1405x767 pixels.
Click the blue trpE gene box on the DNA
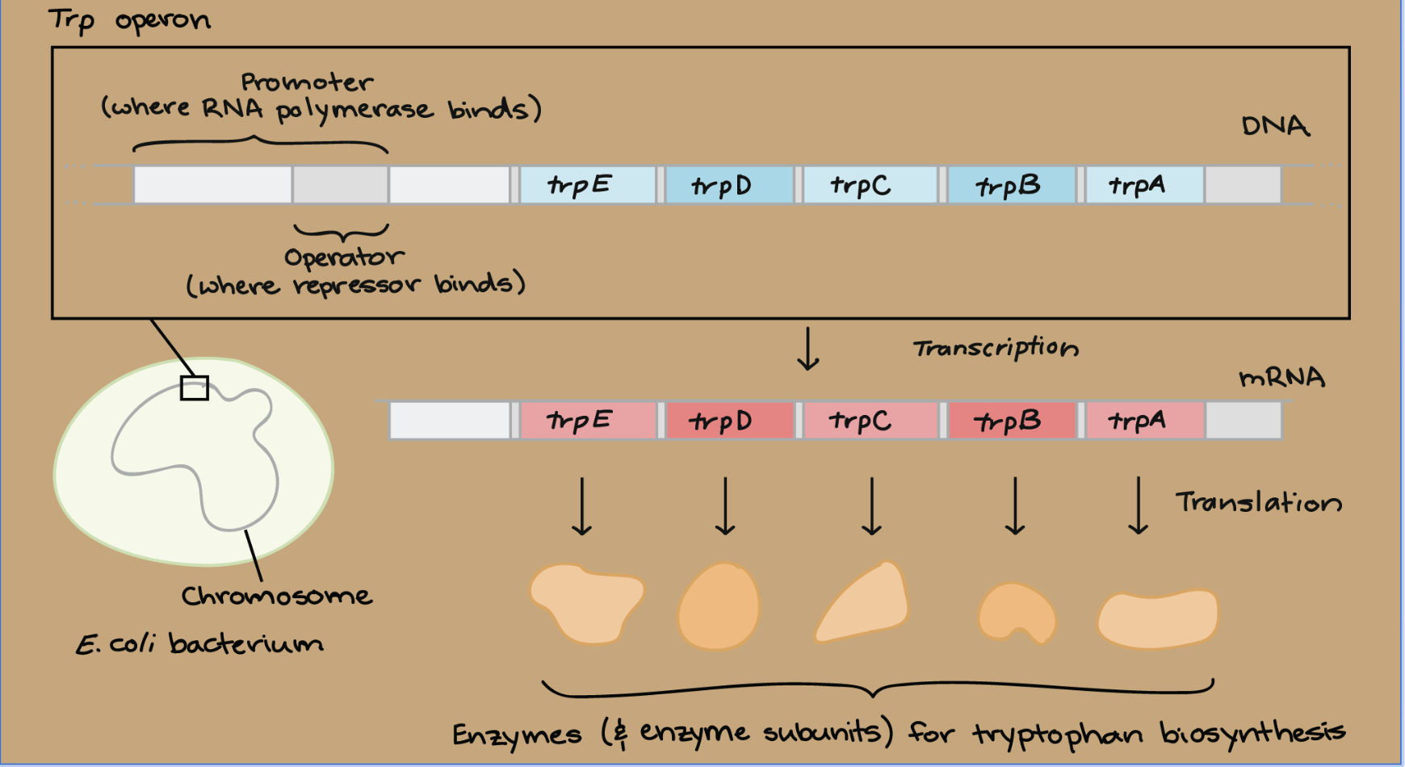pyautogui.click(x=588, y=185)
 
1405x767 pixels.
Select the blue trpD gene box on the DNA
pyautogui.click(x=729, y=185)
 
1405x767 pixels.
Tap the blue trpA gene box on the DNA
pyautogui.click(x=1145, y=185)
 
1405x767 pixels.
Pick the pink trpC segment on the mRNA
pyautogui.click(x=870, y=421)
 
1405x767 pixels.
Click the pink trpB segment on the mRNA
pyautogui.click(x=1013, y=421)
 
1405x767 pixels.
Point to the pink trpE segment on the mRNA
pyautogui.click(x=588, y=421)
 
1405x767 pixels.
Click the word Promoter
pyautogui.click(x=308, y=82)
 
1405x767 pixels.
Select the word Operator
pyautogui.click(x=344, y=258)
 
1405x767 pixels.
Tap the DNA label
pyautogui.click(x=1275, y=126)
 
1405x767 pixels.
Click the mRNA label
pyautogui.click(x=1281, y=377)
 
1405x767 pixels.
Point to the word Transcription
pyautogui.click(x=996, y=348)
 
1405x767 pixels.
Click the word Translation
pyautogui.click(x=1258, y=502)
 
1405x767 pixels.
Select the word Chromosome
pyautogui.click(x=277, y=596)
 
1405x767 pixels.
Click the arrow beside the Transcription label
pyautogui.click(x=808, y=349)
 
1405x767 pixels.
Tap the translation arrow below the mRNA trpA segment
pyautogui.click(x=1139, y=505)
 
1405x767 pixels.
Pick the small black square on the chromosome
pyautogui.click(x=195, y=388)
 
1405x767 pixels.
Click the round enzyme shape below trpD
pyautogui.click(x=719, y=606)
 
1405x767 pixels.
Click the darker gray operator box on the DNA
pyautogui.click(x=340, y=185)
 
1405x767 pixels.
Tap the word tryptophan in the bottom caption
pyautogui.click(x=1058, y=733)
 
